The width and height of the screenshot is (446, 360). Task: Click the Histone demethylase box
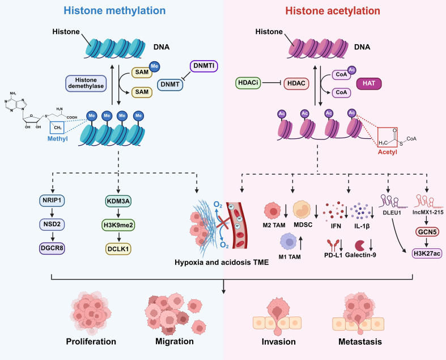tap(86, 83)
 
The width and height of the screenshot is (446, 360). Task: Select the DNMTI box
tap(203, 66)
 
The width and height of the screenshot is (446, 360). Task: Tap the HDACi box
tap(248, 83)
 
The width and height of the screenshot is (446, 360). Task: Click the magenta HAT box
tap(369, 83)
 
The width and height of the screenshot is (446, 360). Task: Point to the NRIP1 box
tap(52, 200)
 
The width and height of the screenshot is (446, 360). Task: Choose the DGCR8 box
tap(52, 248)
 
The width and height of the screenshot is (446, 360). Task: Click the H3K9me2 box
tap(118, 225)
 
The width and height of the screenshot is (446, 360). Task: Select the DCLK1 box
tap(118, 249)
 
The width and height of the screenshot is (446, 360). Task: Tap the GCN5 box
tap(427, 232)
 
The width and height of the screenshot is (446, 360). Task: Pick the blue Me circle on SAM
tap(155, 66)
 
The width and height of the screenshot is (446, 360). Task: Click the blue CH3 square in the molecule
tap(57, 127)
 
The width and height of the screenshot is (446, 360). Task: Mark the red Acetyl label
tap(388, 152)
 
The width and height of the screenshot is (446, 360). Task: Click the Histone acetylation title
tap(333, 11)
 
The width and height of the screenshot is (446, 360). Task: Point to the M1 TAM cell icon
tap(289, 242)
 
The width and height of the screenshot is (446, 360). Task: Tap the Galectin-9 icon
tap(360, 245)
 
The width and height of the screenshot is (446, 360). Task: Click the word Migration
tap(175, 341)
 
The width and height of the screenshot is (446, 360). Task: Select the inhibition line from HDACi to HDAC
tap(272, 83)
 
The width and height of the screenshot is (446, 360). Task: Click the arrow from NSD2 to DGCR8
tap(52, 236)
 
